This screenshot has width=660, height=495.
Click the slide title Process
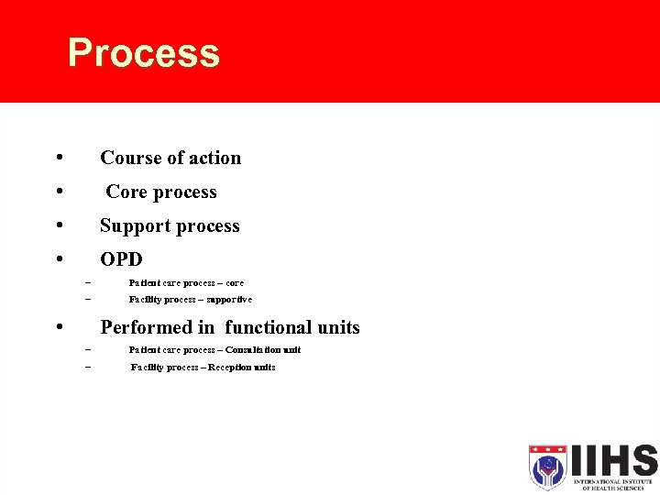[144, 53]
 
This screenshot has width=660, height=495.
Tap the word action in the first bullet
[214, 158]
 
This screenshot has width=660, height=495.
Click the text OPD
[121, 259]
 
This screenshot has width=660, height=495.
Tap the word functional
[268, 327]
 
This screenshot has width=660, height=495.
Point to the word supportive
[229, 300]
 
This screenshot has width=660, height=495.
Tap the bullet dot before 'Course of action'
[59, 158]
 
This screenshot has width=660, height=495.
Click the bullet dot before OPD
[59, 259]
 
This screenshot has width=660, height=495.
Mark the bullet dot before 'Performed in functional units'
[59, 327]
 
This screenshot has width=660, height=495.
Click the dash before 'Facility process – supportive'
[88, 300]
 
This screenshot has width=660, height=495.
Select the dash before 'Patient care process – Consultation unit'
[88, 350]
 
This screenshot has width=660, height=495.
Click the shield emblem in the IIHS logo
[548, 467]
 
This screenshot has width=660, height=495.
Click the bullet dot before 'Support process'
[59, 225]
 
